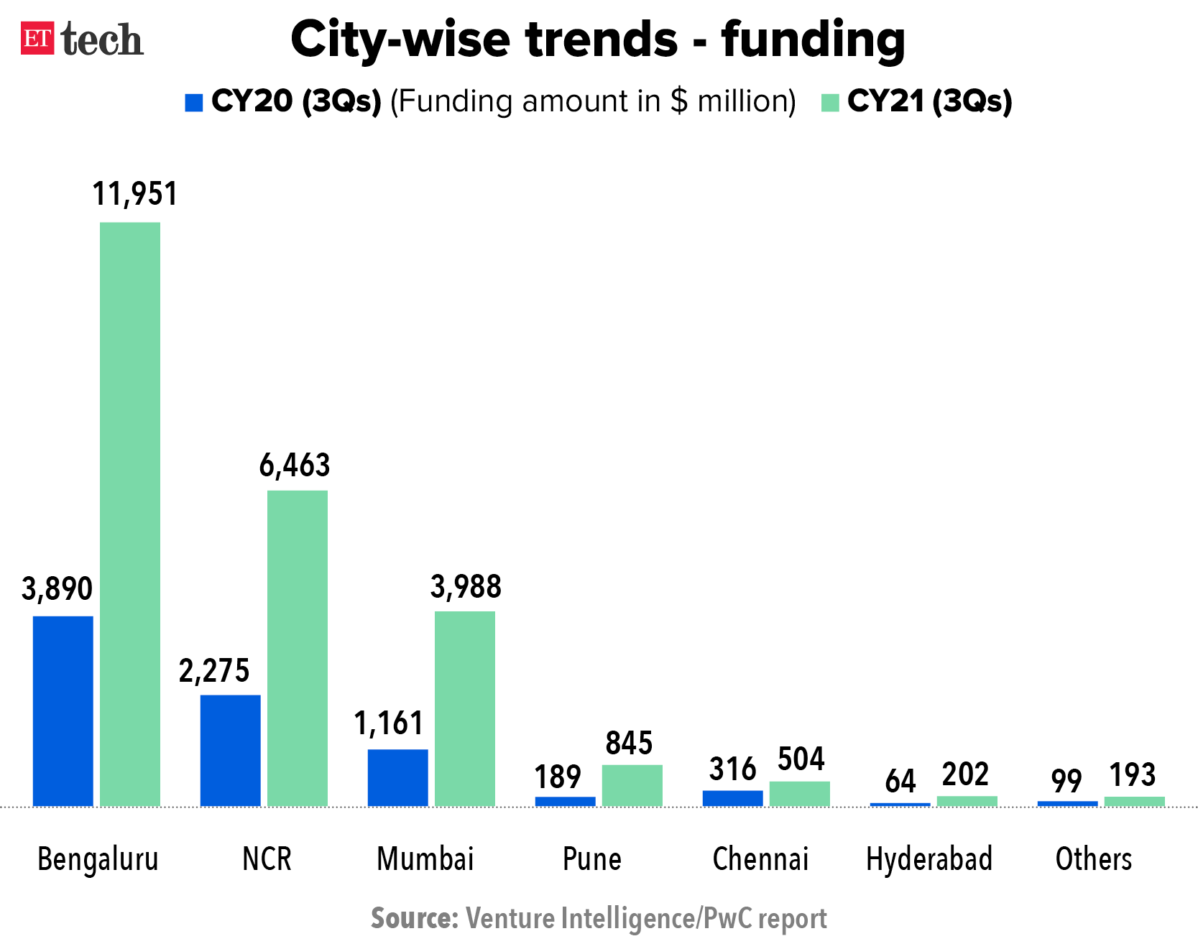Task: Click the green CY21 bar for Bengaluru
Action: [130, 514]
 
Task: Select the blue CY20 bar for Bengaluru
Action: [63, 710]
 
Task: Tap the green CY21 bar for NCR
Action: [298, 648]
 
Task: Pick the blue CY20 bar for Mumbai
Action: [398, 777]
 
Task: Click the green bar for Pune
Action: [632, 785]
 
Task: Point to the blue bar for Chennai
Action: [733, 798]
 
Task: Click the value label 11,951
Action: [135, 194]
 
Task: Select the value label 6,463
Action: [295, 466]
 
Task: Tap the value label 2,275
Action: [214, 671]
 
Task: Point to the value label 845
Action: [629, 744]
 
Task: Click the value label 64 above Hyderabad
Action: [900, 781]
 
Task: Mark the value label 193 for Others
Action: [1133, 775]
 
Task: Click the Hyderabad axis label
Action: [929, 859]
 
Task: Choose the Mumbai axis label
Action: [425, 859]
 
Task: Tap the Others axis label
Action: [1094, 859]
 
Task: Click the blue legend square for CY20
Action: [194, 103]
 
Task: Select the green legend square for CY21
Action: [830, 103]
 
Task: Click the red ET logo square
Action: [37, 39]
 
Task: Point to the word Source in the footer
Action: [415, 919]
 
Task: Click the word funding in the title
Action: [813, 40]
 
